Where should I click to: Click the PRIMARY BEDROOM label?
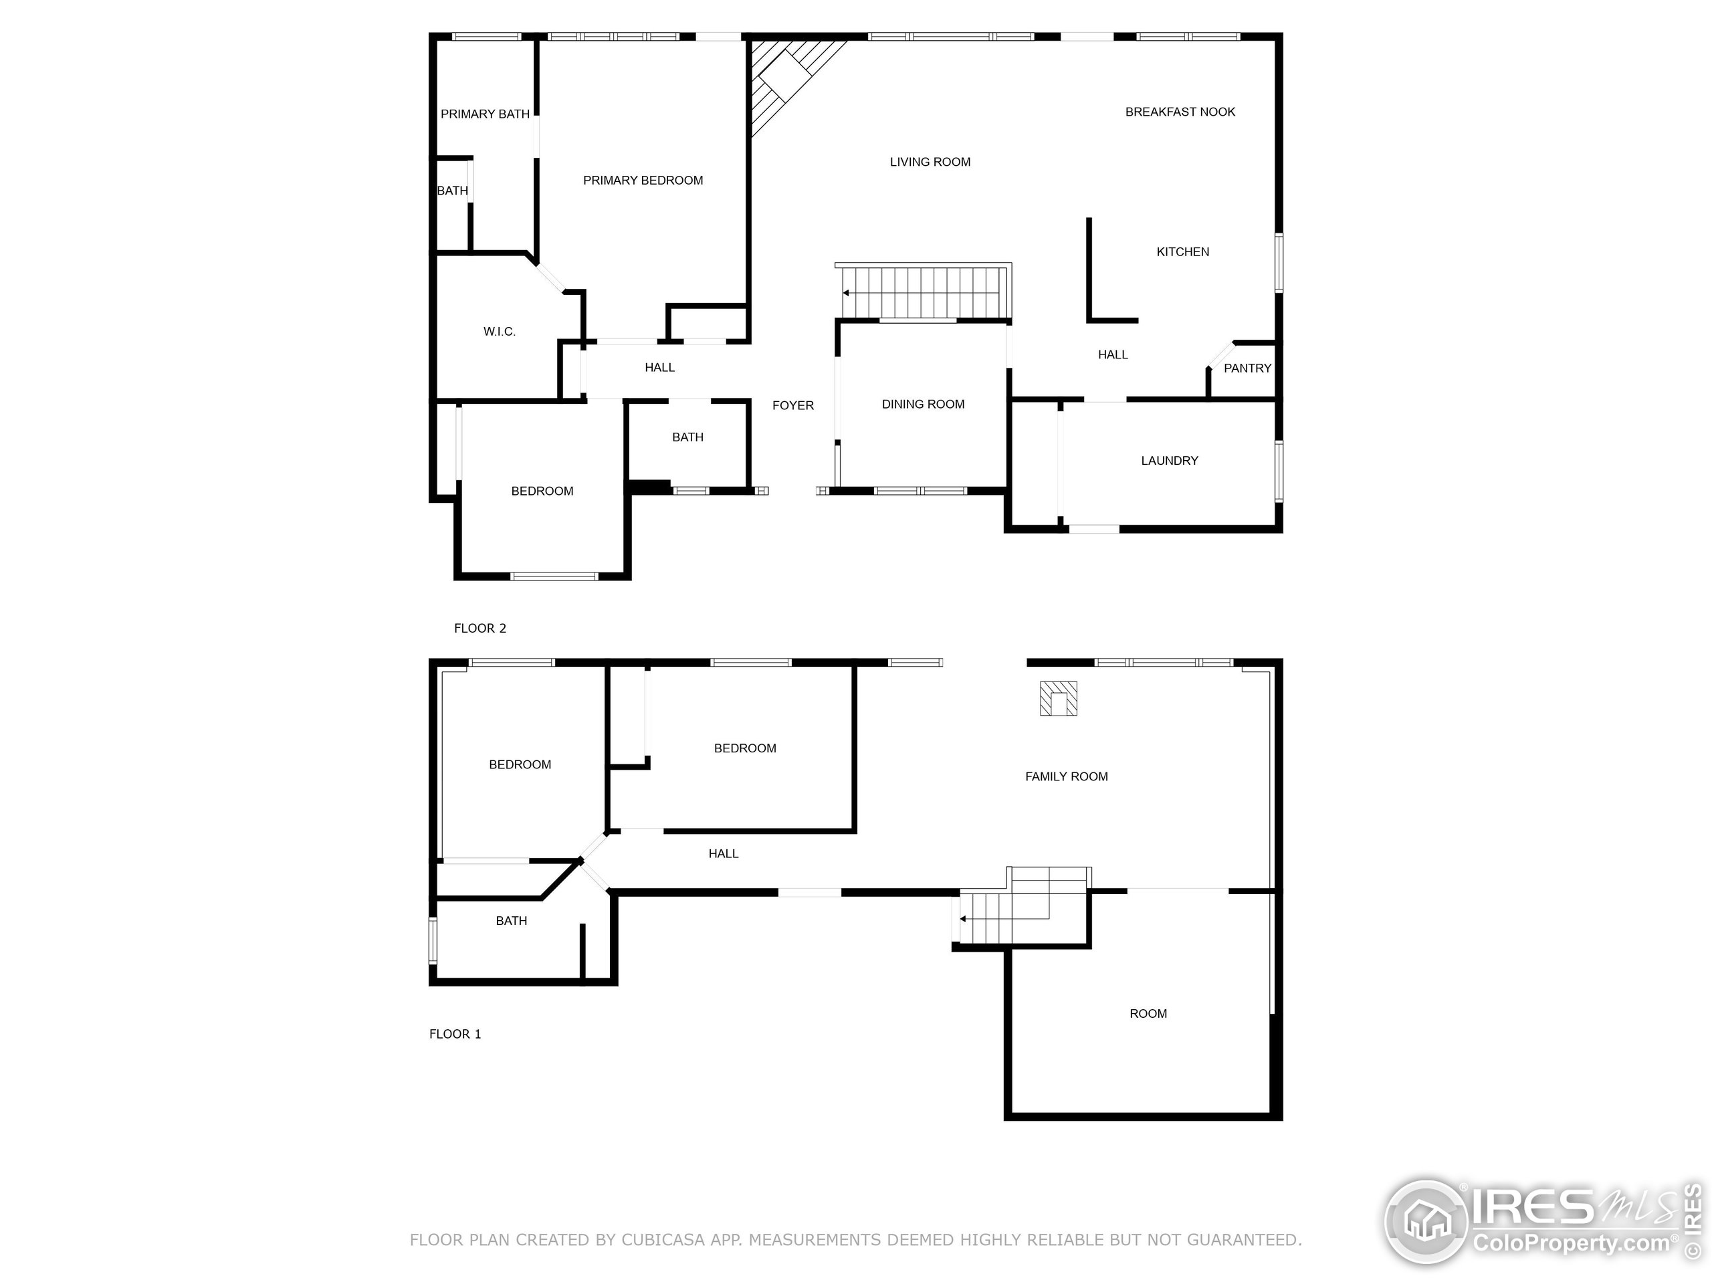[x=643, y=181]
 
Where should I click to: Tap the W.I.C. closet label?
[x=499, y=331]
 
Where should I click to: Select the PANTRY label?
[x=1247, y=368]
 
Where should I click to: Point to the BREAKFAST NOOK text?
[x=1180, y=112]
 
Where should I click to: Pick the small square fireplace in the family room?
[x=1057, y=698]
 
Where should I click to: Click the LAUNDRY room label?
[x=1169, y=461]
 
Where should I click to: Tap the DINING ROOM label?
[x=923, y=404]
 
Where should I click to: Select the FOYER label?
[x=792, y=405]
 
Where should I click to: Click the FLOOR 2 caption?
[x=480, y=629]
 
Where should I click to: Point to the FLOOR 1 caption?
[x=455, y=1034]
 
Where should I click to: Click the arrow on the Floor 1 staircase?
[x=963, y=919]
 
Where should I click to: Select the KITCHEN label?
[x=1182, y=251]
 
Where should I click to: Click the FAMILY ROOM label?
[x=1066, y=776]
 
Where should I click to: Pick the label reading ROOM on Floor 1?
[x=1148, y=1014]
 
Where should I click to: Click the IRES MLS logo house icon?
[x=1426, y=1222]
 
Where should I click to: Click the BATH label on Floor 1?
[x=511, y=921]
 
